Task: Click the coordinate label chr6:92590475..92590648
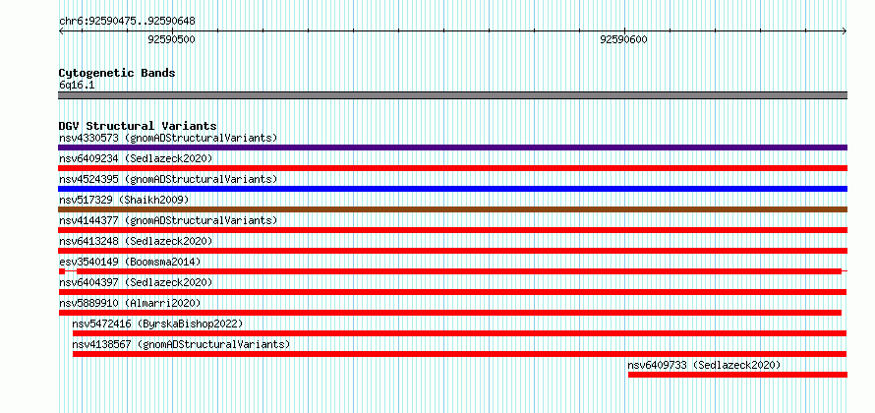pyautogui.click(x=127, y=22)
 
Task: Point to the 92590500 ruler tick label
pyautogui.click(x=171, y=39)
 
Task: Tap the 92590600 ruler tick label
pyautogui.click(x=624, y=39)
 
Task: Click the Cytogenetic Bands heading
pyautogui.click(x=117, y=73)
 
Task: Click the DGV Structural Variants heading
pyautogui.click(x=138, y=126)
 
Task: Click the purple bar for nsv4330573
pyautogui.click(x=452, y=147)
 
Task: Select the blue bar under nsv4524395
pyautogui.click(x=452, y=189)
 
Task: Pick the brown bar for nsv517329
pyautogui.click(x=452, y=209)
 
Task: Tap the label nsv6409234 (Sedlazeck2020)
pyautogui.click(x=136, y=158)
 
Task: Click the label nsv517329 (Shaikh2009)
pyautogui.click(x=124, y=200)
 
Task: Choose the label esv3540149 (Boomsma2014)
pyautogui.click(x=130, y=262)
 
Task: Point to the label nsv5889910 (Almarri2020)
pyautogui.click(x=130, y=303)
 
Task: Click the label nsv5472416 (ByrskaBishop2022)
pyautogui.click(x=157, y=324)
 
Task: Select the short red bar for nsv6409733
pyautogui.click(x=737, y=375)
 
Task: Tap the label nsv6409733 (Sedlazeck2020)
pyautogui.click(x=704, y=365)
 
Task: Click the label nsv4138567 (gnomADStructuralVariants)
pyautogui.click(x=181, y=344)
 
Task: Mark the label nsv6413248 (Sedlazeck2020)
pyautogui.click(x=136, y=241)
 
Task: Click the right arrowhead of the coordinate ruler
pyautogui.click(x=845, y=31)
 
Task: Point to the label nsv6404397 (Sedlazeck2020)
pyautogui.click(x=136, y=282)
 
